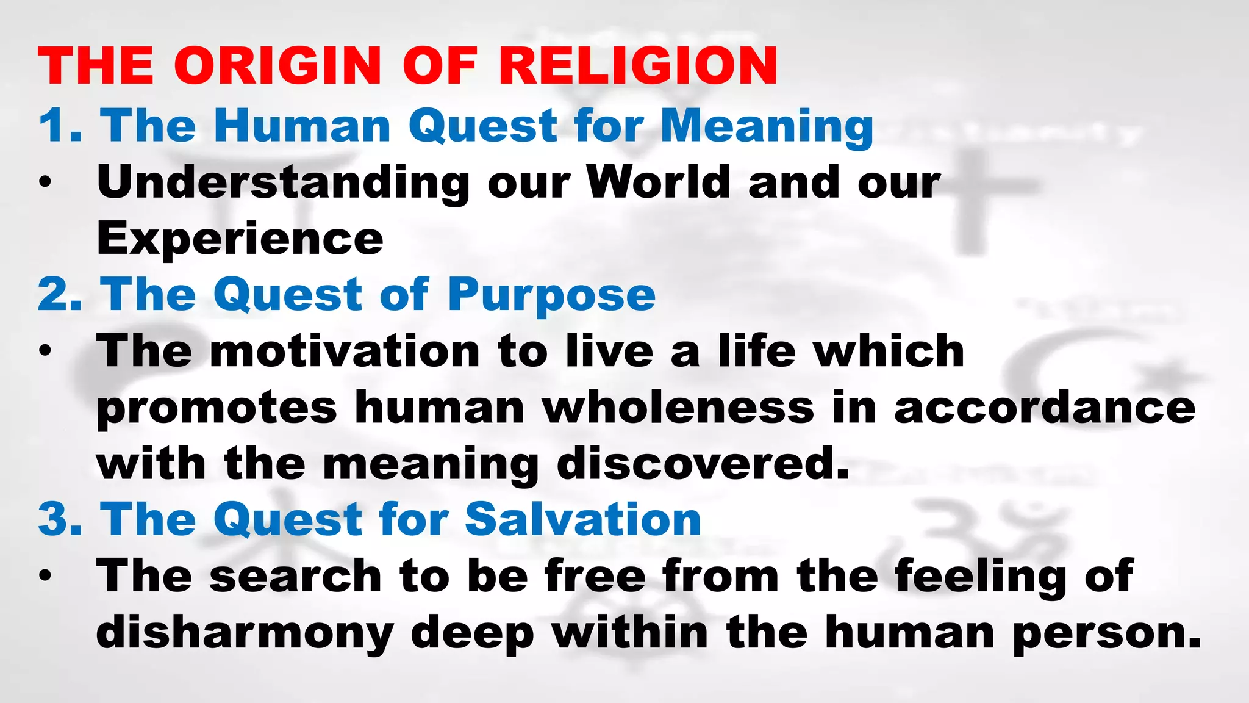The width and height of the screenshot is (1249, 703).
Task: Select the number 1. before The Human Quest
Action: pyautogui.click(x=60, y=126)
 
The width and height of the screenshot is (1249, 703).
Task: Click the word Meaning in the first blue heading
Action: pyautogui.click(x=767, y=126)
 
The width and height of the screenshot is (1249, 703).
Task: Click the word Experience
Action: pyautogui.click(x=240, y=239)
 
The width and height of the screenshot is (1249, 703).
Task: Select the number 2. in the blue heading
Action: pyautogui.click(x=60, y=295)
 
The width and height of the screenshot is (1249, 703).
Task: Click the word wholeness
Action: pyautogui.click(x=678, y=408)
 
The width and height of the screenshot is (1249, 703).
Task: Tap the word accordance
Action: pyautogui.click(x=1044, y=408)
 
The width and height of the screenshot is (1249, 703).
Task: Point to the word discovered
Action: pyautogui.click(x=703, y=464)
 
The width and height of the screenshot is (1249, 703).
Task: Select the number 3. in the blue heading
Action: pyautogui.click(x=60, y=520)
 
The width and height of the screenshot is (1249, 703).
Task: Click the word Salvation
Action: pyautogui.click(x=582, y=520)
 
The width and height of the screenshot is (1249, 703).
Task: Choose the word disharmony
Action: pyautogui.click(x=245, y=633)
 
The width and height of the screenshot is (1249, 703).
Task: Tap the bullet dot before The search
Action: pyautogui.click(x=45, y=576)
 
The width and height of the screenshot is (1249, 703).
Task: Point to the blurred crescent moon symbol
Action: pyautogui.click(x=1037, y=366)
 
